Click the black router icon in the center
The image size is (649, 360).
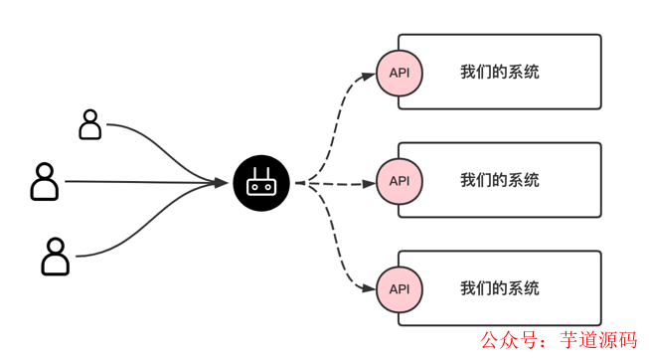pyautogui.click(x=261, y=182)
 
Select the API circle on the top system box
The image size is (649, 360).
pyautogui.click(x=400, y=73)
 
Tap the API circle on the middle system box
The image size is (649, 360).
pyautogui.click(x=400, y=181)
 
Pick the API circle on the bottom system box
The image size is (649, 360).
pyautogui.click(x=400, y=288)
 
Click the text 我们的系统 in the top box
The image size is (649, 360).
pyautogui.click(x=500, y=73)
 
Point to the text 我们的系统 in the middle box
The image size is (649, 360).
pyautogui.click(x=500, y=181)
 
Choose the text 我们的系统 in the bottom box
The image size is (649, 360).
pyautogui.click(x=500, y=288)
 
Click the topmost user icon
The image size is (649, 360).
pyautogui.click(x=90, y=125)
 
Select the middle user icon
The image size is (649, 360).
pyautogui.click(x=45, y=182)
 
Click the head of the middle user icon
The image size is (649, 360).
pyautogui.click(x=45, y=171)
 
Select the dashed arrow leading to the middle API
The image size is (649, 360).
pyautogui.click(x=343, y=183)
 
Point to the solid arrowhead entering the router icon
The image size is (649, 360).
pyautogui.click(x=221, y=182)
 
